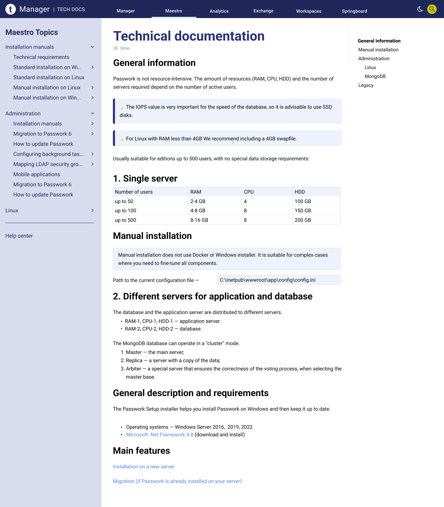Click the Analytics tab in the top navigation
click(x=219, y=11)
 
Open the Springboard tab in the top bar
click(x=354, y=11)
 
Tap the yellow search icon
click(x=432, y=9)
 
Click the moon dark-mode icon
click(x=420, y=9)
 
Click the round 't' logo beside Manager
click(x=10, y=9)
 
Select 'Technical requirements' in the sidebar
click(x=41, y=57)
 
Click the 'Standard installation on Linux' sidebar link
click(x=49, y=77)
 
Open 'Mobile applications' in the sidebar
click(x=37, y=174)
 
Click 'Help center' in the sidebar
click(x=19, y=236)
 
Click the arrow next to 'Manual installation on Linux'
click(x=93, y=87)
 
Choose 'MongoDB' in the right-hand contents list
click(x=375, y=76)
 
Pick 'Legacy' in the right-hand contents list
click(x=366, y=85)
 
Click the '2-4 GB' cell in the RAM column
click(x=198, y=201)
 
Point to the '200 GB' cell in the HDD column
click(x=303, y=220)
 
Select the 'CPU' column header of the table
click(x=249, y=192)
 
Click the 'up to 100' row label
click(x=126, y=210)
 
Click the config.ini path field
click(x=279, y=280)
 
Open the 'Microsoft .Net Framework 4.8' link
click(x=160, y=434)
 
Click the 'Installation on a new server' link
click(x=144, y=466)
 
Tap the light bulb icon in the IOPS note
click(x=122, y=107)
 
